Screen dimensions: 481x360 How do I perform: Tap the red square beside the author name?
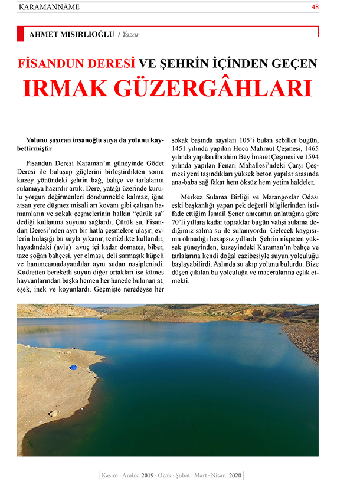coord(21,34)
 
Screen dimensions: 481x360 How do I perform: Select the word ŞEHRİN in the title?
coord(192,63)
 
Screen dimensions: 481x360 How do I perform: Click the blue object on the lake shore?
coord(73,367)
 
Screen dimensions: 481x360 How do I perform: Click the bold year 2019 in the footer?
coord(147,475)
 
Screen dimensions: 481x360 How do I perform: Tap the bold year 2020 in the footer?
coord(234,475)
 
